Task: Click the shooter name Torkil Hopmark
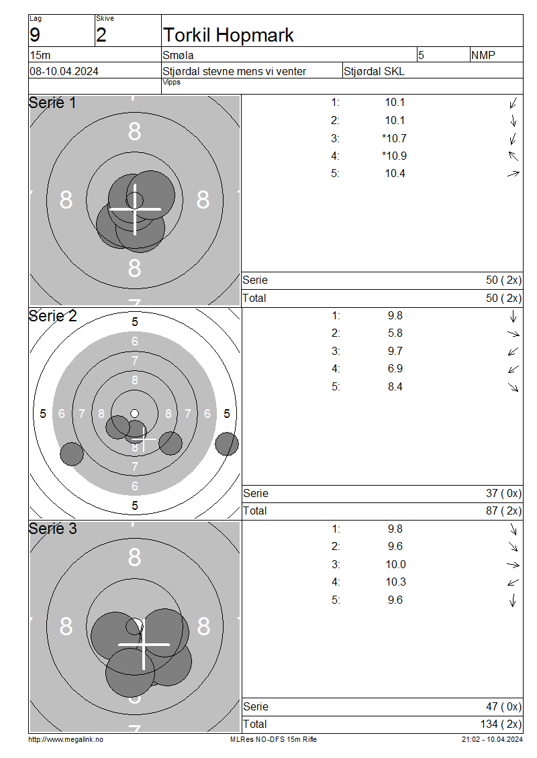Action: pos(228,36)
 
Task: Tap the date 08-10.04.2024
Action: pos(64,72)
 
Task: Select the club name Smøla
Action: pos(178,55)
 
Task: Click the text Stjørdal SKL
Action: pos(374,72)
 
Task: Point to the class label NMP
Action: pos(483,55)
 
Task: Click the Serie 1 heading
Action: pos(52,103)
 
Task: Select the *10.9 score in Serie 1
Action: pos(394,156)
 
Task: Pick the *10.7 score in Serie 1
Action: pos(394,139)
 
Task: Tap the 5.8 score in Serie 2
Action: pos(395,333)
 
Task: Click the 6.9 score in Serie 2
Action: pos(395,369)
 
